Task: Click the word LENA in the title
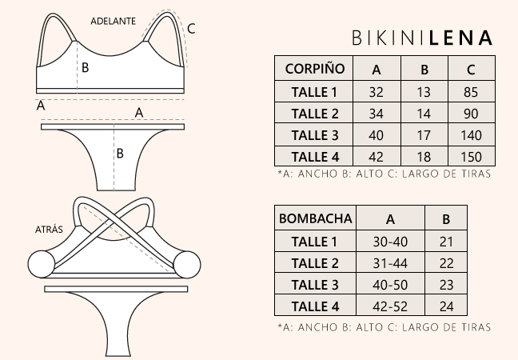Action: (460, 38)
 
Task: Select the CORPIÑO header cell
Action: (314, 69)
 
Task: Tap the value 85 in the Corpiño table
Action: (471, 92)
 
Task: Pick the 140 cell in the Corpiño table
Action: (471, 135)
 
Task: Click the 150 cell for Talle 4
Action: (471, 157)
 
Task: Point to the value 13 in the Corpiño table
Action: (424, 92)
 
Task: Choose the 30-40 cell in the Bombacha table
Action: (390, 242)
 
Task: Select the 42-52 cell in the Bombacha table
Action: (390, 306)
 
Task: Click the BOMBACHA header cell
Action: (316, 218)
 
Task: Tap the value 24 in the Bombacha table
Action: (446, 306)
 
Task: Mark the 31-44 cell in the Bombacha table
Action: (390, 263)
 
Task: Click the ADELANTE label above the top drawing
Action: (114, 21)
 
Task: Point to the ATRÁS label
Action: (49, 229)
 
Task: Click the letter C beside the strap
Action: (191, 29)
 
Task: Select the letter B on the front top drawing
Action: (85, 67)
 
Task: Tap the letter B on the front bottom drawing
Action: (120, 153)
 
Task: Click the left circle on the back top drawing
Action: (42, 264)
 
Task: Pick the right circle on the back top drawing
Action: (187, 265)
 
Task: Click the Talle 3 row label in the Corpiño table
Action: (315, 135)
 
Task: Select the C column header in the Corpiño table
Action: (471, 70)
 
